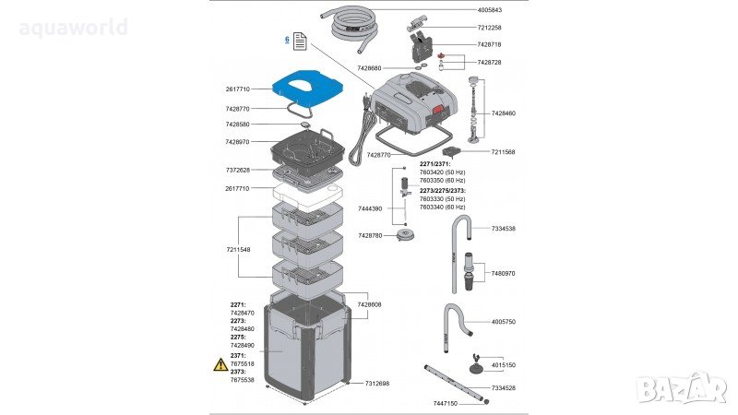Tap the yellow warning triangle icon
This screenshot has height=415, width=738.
pyautogui.click(x=220, y=365)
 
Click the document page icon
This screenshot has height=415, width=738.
pyautogui.click(x=300, y=42)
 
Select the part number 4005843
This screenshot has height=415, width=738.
pyautogui.click(x=490, y=10)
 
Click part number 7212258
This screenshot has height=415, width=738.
pyautogui.click(x=490, y=28)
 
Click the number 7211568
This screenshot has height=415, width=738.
pyautogui.click(x=504, y=151)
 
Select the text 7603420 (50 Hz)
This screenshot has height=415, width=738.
pyautogui.click(x=442, y=172)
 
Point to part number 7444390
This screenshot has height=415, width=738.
pyautogui.click(x=371, y=209)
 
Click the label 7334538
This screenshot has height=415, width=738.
pyautogui.click(x=504, y=228)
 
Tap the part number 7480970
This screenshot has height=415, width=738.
pyautogui.click(x=504, y=274)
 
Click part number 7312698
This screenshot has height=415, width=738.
pyautogui.click(x=376, y=383)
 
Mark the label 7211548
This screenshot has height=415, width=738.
pyautogui.click(x=237, y=249)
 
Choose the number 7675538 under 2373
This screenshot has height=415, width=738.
pyautogui.click(x=243, y=379)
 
